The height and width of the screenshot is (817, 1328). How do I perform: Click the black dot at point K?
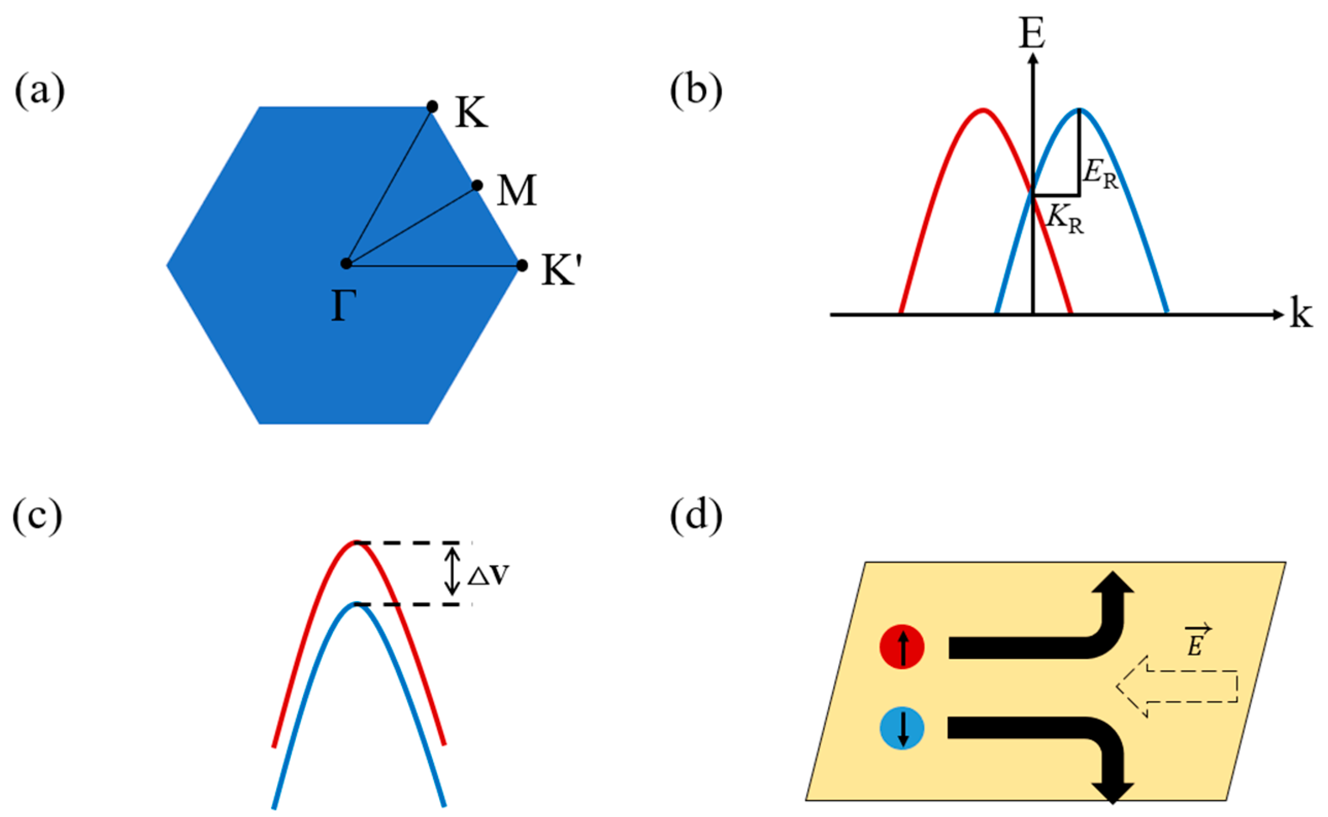tap(432, 107)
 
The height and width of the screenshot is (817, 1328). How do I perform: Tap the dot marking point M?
tap(477, 185)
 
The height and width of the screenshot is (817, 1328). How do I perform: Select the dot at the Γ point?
tap(346, 264)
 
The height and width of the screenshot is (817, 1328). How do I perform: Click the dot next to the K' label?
tap(522, 265)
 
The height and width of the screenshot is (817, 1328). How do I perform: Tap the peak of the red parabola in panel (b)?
tap(983, 110)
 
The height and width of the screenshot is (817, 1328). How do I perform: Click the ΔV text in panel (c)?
tap(488, 576)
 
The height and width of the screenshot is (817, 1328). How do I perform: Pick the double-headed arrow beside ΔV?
tap(453, 571)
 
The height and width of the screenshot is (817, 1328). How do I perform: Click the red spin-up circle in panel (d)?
tap(902, 647)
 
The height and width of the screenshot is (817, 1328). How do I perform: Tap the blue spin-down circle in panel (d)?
tap(902, 728)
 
